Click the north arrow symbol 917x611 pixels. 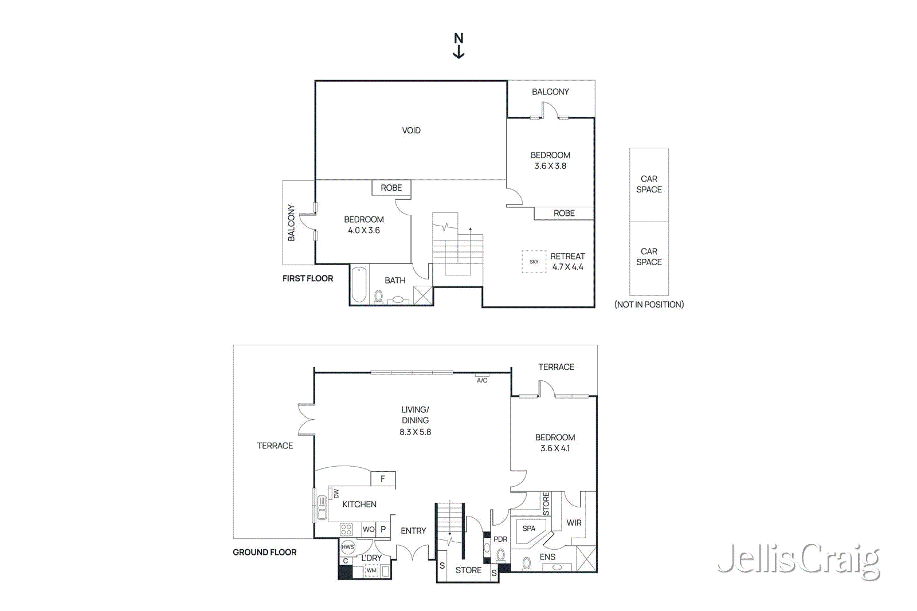pos(458,46)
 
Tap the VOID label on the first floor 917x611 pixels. pos(411,131)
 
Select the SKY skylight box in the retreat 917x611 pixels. pos(534,262)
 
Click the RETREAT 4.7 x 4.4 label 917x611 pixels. pos(567,262)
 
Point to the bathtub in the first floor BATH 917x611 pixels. pos(359,285)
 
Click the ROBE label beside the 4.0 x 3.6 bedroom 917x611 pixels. pos(391,188)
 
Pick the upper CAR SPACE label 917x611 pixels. pos(649,184)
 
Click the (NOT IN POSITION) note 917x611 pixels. pos(649,305)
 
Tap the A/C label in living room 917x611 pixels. pos(482,380)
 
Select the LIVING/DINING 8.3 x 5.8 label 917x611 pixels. pos(415,420)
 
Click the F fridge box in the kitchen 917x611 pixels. pos(383,479)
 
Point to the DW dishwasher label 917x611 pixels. pos(336,494)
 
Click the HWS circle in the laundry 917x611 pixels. pos(348,547)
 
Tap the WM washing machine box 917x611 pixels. pos(371,570)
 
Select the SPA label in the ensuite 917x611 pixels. pos(528,529)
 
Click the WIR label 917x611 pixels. pos(574,523)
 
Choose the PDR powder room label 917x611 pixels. pos(500,539)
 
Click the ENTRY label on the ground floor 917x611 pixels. pos(413,531)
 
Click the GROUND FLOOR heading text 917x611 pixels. pos(264,552)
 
